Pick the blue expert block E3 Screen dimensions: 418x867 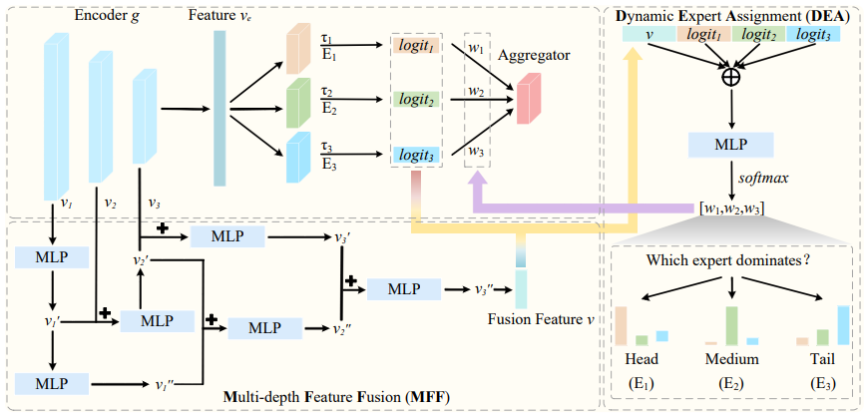(298, 158)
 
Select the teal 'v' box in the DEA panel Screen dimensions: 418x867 (650, 34)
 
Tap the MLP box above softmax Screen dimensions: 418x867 (733, 146)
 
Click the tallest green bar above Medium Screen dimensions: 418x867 (732, 325)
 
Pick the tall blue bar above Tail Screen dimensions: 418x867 (843, 325)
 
